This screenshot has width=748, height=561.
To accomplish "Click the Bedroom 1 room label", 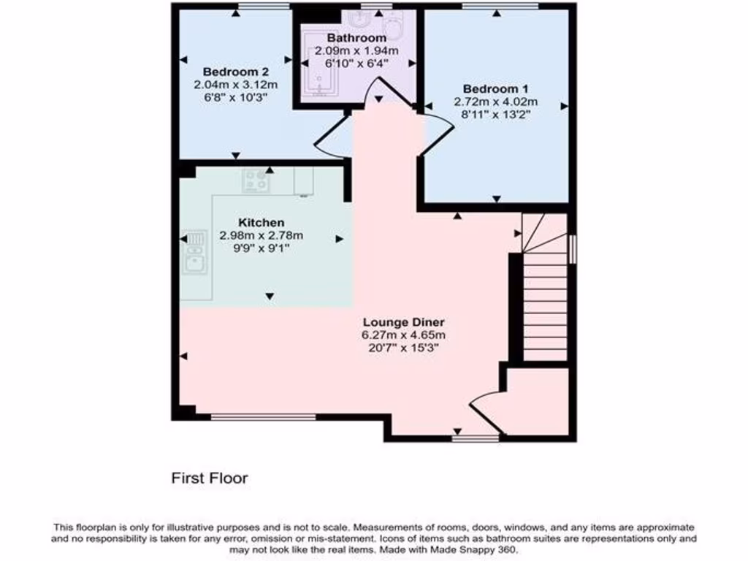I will coord(496,89).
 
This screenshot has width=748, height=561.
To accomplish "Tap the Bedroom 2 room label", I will coord(236,72).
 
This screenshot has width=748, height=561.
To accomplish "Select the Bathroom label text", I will coord(356,38).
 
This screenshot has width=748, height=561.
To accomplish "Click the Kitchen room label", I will coord(261,222).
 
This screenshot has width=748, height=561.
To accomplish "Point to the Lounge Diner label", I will coord(403,322).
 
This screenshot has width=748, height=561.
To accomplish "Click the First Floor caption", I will coord(210,478).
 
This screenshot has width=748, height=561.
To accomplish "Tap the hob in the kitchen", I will coord(256,180).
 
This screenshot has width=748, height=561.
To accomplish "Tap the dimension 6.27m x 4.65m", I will coord(403,335).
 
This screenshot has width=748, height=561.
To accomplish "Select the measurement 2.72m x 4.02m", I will coord(496,102).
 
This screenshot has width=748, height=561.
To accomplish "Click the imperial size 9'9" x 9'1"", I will coord(261,248).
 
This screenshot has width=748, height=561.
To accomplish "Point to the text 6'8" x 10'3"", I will coord(236,97).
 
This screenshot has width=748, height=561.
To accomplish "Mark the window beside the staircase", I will coord(572,248).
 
